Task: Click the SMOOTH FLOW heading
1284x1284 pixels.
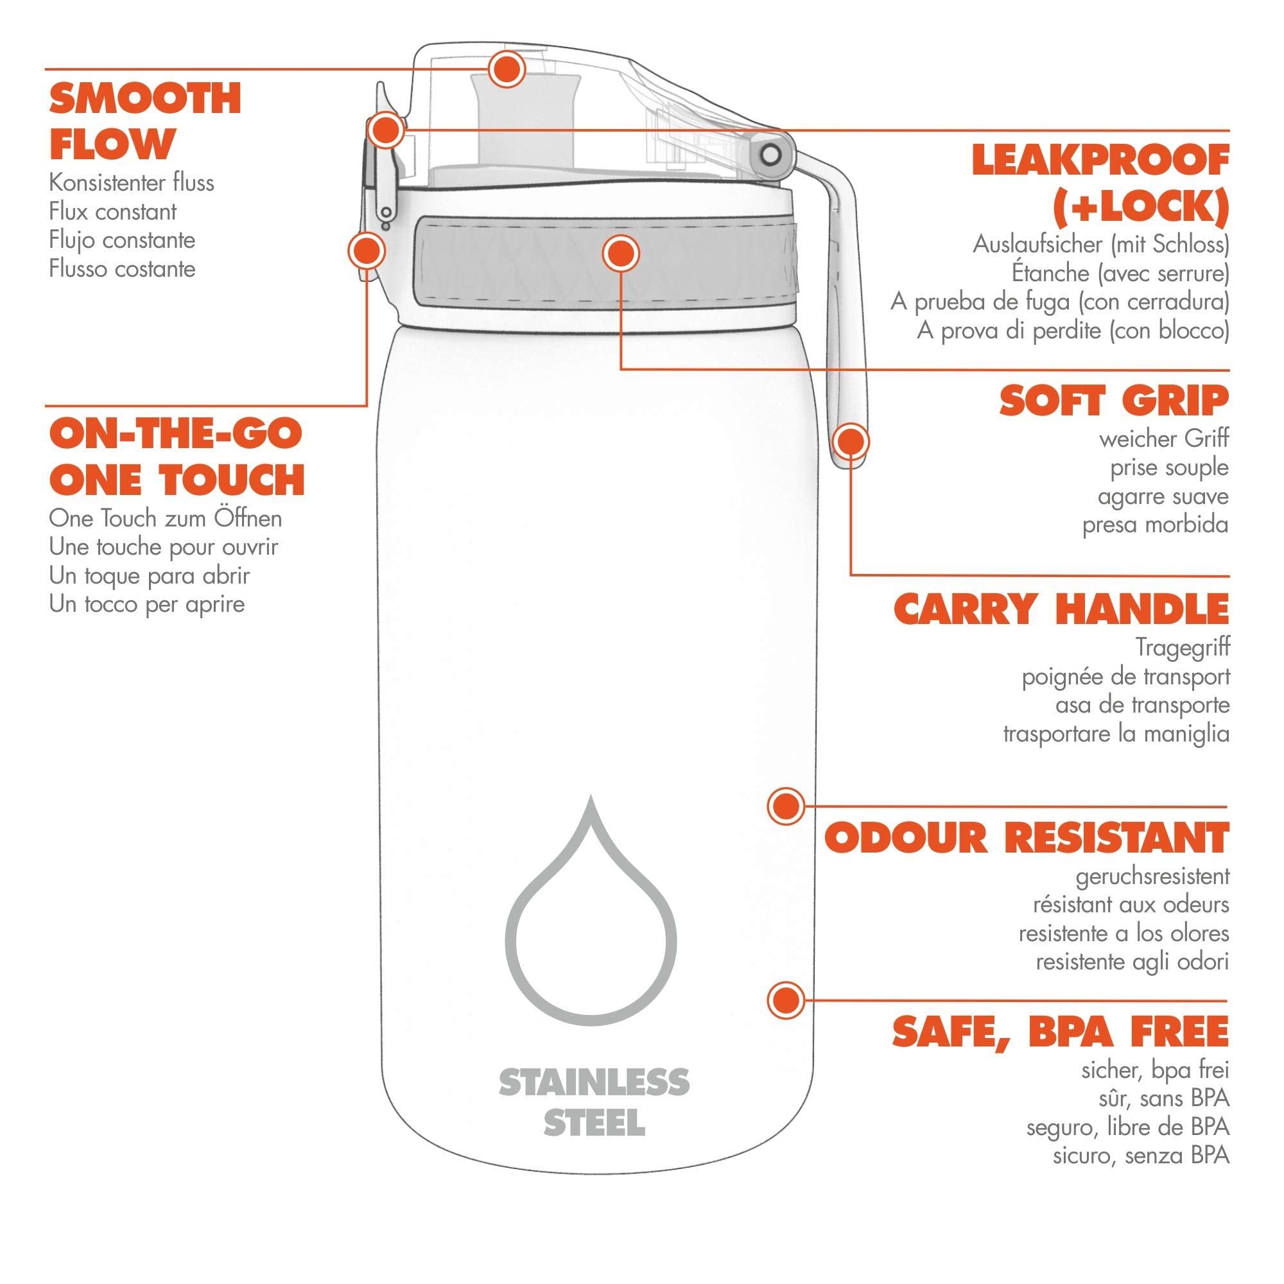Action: point(145,121)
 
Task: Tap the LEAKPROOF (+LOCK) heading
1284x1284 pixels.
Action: point(1100,184)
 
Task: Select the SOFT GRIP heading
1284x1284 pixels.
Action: point(1115,401)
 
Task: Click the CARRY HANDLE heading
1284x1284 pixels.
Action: point(1061,608)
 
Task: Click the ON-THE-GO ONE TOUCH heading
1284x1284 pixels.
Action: point(177,456)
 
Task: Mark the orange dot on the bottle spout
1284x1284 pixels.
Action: point(507,69)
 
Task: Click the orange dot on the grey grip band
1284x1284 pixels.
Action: point(621,254)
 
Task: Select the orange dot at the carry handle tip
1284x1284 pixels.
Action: point(851,441)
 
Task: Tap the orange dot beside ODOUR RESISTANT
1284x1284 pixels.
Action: point(786,806)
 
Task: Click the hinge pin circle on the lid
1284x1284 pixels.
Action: point(771,155)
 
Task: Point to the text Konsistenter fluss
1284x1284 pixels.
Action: point(132,183)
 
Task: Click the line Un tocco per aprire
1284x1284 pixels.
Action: point(147,605)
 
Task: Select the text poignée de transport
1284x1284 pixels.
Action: point(1126,677)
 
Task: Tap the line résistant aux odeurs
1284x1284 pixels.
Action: point(1131,905)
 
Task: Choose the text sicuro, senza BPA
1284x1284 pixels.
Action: point(1141,1156)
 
